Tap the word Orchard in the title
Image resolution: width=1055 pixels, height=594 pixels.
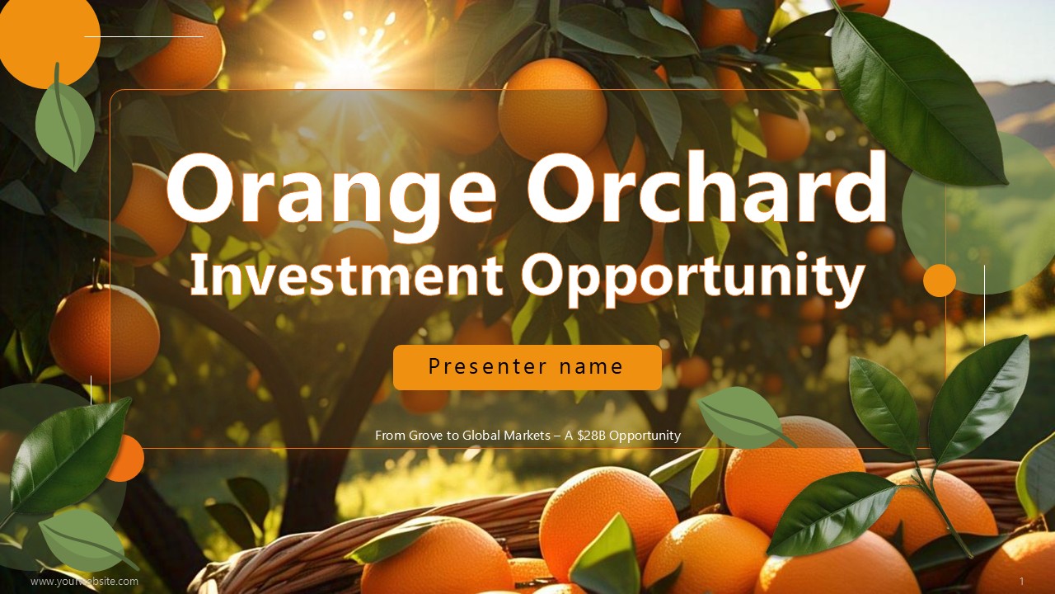707,186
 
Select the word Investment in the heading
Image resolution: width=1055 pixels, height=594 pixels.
347,275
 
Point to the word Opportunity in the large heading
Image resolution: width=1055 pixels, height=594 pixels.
693,280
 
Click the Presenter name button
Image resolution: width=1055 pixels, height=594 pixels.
527,367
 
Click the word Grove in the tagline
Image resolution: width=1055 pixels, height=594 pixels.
423,436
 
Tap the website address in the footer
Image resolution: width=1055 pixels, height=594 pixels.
84,582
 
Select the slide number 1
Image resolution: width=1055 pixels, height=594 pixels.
1022,581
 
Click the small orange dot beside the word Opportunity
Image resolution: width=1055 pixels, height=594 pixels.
940,280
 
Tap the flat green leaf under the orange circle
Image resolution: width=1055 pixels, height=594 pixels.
64,120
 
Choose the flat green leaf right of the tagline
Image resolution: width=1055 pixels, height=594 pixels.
744,417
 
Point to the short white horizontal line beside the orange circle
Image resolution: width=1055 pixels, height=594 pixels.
143,36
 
